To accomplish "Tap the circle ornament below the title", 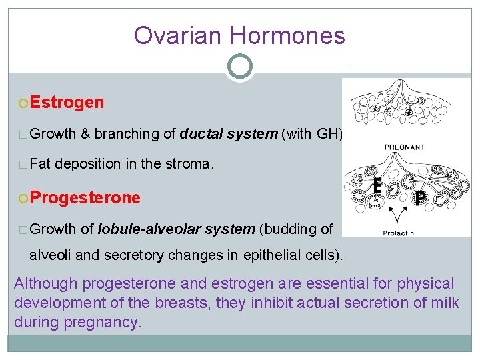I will click(240, 66).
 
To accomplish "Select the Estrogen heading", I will click(67, 102).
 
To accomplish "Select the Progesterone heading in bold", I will click(85, 198).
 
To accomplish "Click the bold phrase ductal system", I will click(228, 134).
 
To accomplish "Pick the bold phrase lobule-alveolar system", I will click(176, 229).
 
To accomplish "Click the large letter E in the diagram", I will click(377, 186).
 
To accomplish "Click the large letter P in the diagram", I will click(420, 198).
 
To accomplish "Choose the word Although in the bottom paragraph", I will click(43, 284).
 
